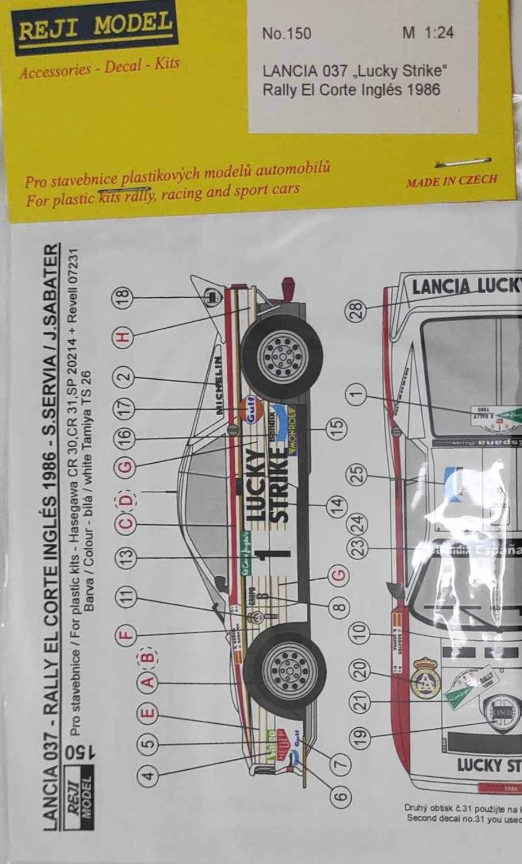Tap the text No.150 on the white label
pos(286,34)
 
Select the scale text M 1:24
pos(428,33)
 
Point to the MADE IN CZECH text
pos(451,181)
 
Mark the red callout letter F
pos(127,635)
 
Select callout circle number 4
pos(148,775)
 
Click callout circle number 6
pos(340,796)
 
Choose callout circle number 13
pos(127,555)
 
